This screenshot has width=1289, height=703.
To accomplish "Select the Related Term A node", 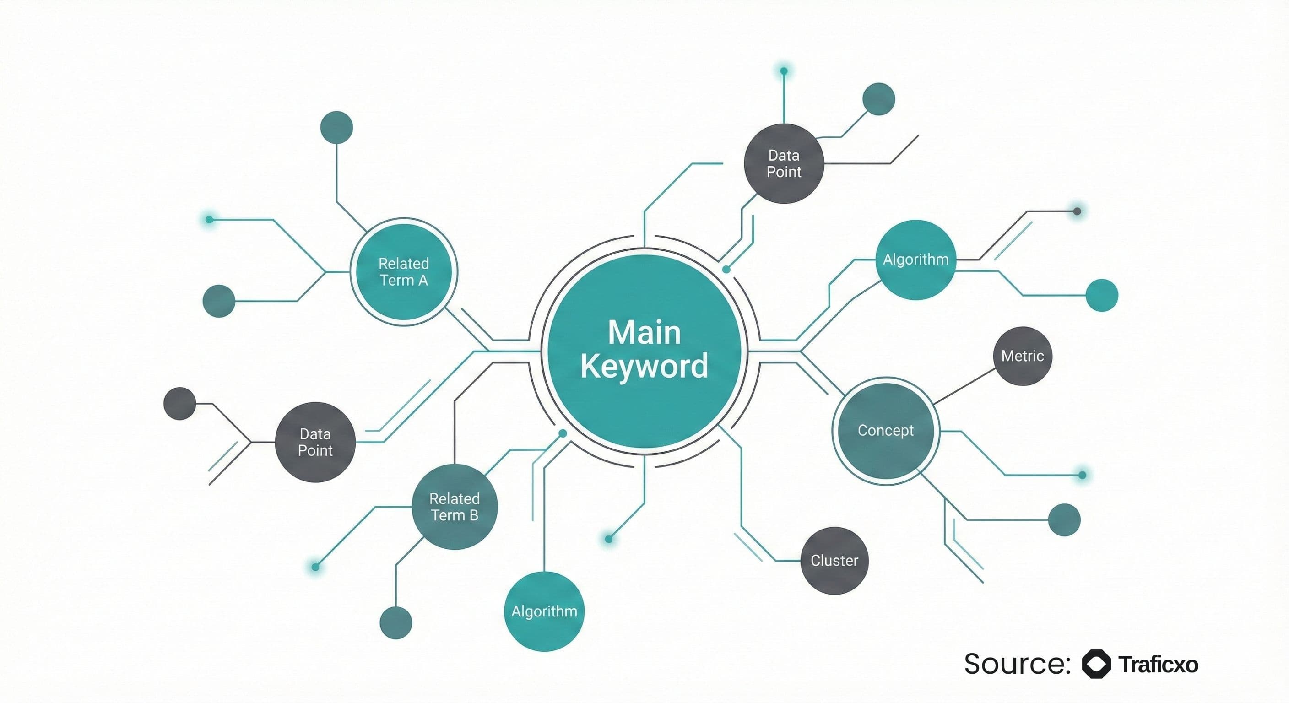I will pyautogui.click(x=403, y=272).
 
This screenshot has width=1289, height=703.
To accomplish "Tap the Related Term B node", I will pyautogui.click(x=455, y=506).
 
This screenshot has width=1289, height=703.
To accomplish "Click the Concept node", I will pyautogui.click(x=885, y=430).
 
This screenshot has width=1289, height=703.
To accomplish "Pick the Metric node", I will pyautogui.click(x=1022, y=356).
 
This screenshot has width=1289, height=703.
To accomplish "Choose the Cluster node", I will pyautogui.click(x=834, y=560).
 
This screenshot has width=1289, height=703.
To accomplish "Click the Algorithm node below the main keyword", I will pyautogui.click(x=544, y=611).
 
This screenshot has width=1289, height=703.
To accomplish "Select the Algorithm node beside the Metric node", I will pyautogui.click(x=915, y=259).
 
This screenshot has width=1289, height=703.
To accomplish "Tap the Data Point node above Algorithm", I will pyautogui.click(x=784, y=163).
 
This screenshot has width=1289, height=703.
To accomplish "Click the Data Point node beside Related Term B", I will pyautogui.click(x=315, y=442).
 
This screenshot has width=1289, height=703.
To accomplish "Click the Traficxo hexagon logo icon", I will pyautogui.click(x=1096, y=664).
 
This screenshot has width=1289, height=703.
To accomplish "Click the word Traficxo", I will pyautogui.click(x=1158, y=665).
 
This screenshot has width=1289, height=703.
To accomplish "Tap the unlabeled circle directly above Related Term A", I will pyautogui.click(x=336, y=127).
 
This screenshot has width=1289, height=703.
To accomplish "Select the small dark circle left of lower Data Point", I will pyautogui.click(x=179, y=403).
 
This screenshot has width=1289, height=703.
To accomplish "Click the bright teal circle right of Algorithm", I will pyautogui.click(x=1101, y=295).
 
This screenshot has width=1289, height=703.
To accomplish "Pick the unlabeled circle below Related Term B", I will pyautogui.click(x=396, y=622).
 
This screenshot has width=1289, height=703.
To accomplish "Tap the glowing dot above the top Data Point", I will pyautogui.click(x=784, y=71).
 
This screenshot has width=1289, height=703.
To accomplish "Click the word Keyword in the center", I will pyautogui.click(x=644, y=366).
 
